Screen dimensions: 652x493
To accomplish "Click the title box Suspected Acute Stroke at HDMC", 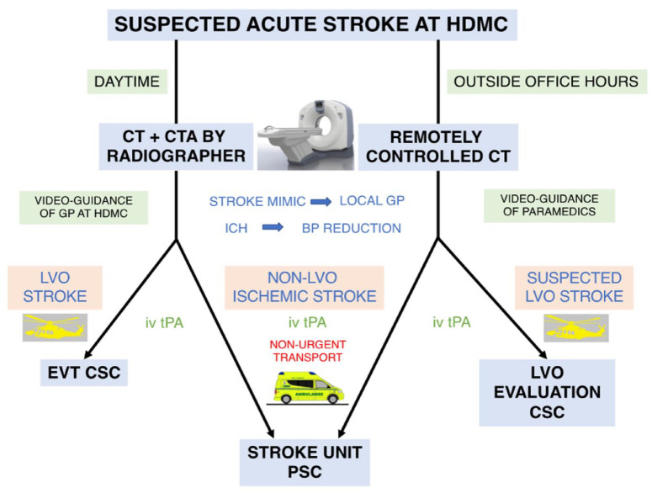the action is pyautogui.click(x=312, y=24).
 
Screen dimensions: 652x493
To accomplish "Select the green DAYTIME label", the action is pyautogui.click(x=127, y=82).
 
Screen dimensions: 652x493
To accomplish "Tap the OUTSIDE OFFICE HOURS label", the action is pyautogui.click(x=546, y=82).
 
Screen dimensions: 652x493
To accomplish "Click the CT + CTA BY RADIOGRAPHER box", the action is pyautogui.click(x=176, y=146).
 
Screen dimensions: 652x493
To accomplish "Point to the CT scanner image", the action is pyautogui.click(x=305, y=135).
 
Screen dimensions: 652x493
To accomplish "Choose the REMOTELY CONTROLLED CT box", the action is pyautogui.click(x=437, y=146).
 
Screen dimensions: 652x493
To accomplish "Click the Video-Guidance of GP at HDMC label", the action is pyautogui.click(x=83, y=207).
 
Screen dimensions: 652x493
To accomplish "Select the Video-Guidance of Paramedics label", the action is pyautogui.click(x=549, y=205).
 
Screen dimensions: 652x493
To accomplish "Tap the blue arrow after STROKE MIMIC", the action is pyautogui.click(x=321, y=202).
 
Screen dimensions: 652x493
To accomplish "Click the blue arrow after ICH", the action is pyautogui.click(x=273, y=227).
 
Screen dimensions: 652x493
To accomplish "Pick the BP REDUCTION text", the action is pyautogui.click(x=352, y=228).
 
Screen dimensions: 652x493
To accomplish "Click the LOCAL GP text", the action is pyautogui.click(x=372, y=201).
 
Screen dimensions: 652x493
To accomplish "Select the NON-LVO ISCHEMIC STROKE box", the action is pyautogui.click(x=304, y=287).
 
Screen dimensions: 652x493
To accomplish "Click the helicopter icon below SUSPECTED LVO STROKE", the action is pyautogui.click(x=576, y=327).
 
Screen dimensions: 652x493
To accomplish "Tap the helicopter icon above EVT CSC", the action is pyautogui.click(x=55, y=327).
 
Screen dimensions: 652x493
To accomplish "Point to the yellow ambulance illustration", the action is pyautogui.click(x=308, y=388).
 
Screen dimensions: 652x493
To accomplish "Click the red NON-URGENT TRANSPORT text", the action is pyautogui.click(x=308, y=351).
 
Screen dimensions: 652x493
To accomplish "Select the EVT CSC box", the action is pyautogui.click(x=84, y=373).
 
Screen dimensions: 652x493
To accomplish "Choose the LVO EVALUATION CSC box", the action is pyautogui.click(x=547, y=392).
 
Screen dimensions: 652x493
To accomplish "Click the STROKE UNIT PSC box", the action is pyautogui.click(x=305, y=462).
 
